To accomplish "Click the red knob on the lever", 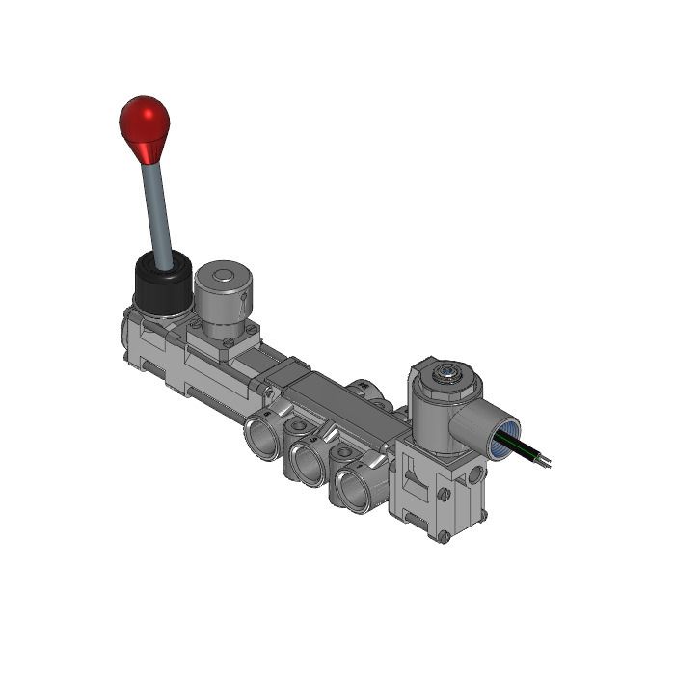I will (x=144, y=122).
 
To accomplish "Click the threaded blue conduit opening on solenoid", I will (x=504, y=437).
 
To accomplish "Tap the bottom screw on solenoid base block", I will (x=442, y=536).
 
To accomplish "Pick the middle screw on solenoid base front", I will (x=444, y=495).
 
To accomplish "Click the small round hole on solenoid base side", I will (x=475, y=474).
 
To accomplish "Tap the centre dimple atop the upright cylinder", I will (x=223, y=277).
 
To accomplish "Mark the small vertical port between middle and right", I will (x=343, y=451).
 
